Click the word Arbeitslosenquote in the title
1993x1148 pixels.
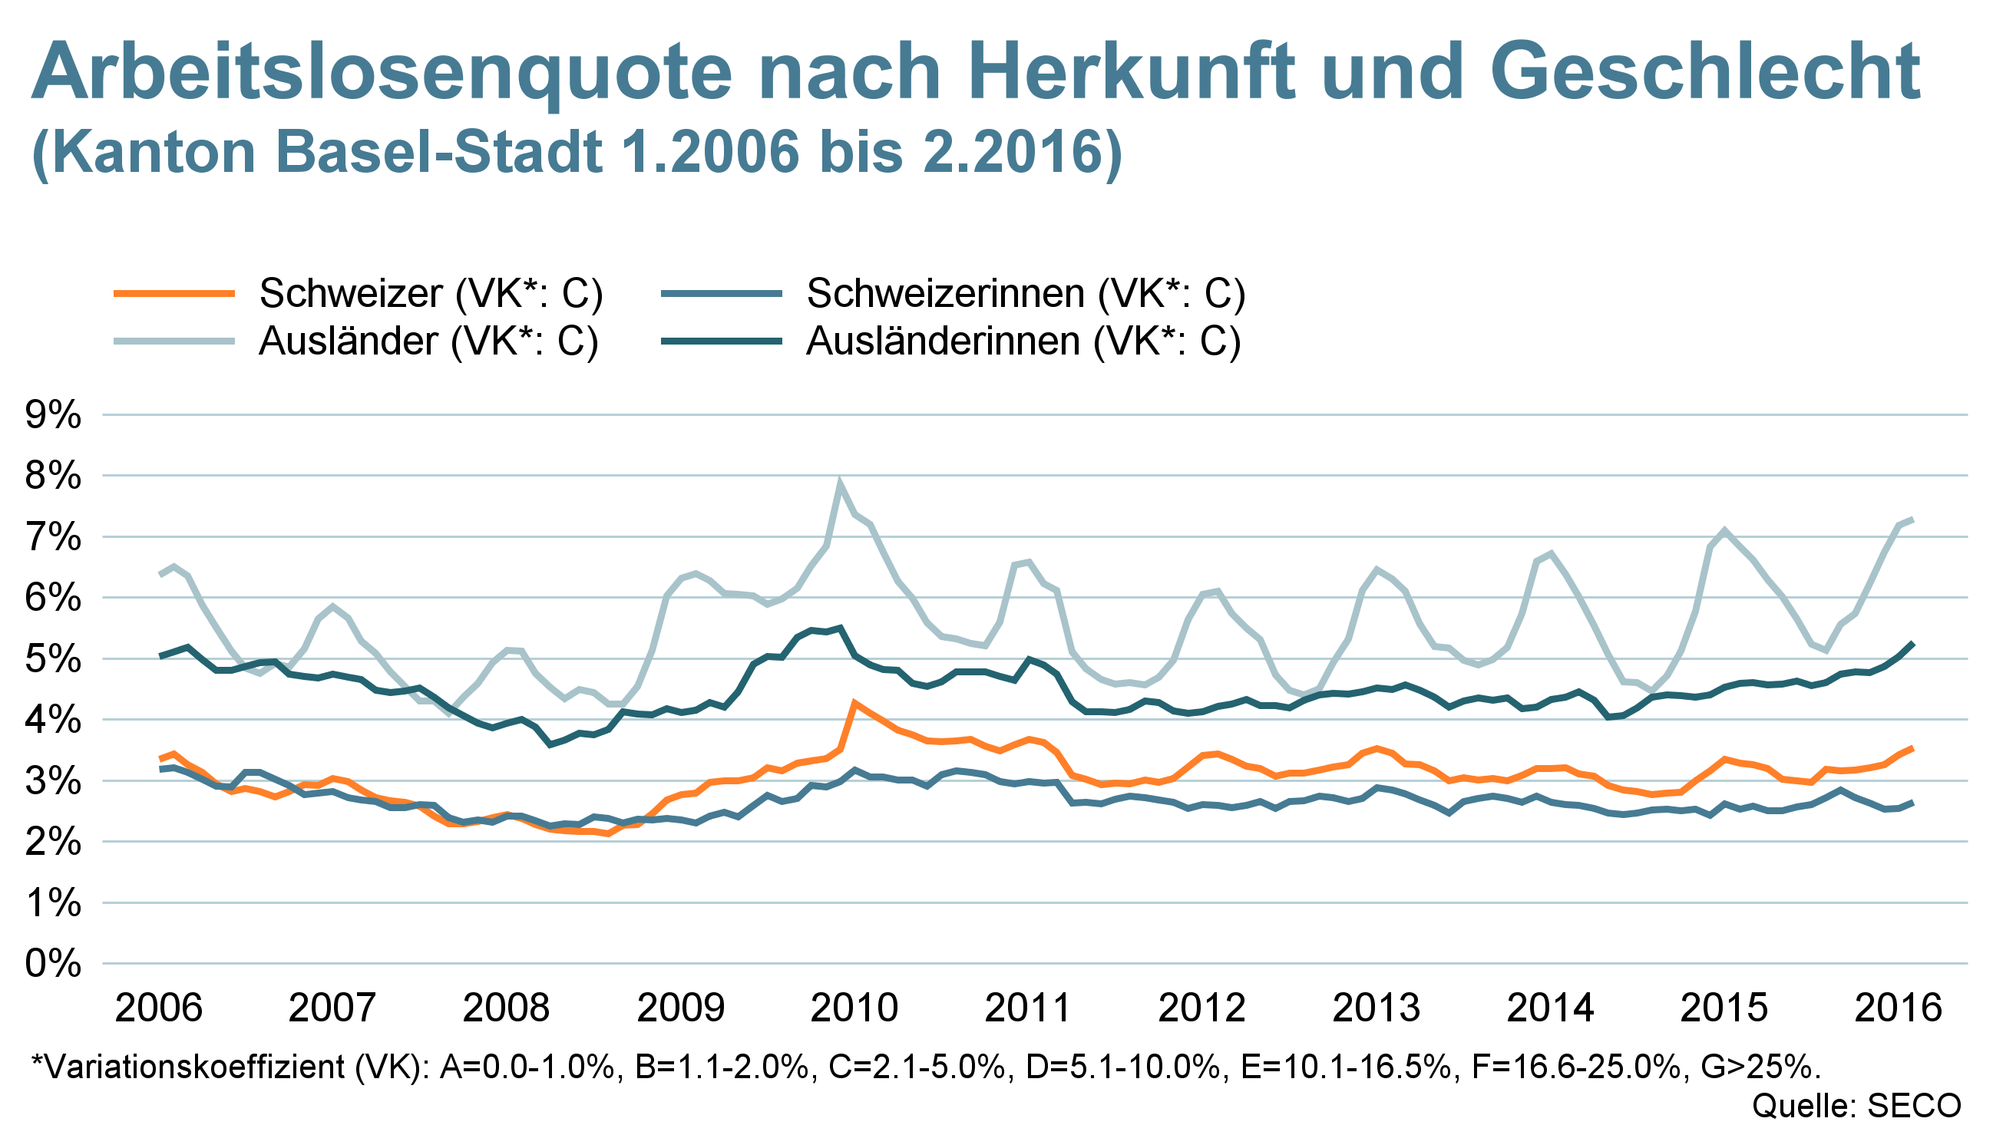(x=382, y=73)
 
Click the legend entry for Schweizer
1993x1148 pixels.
(x=431, y=293)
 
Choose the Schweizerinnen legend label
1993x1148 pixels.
(x=1025, y=293)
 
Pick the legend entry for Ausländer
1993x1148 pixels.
(x=428, y=341)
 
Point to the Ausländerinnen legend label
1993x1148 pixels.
(x=1023, y=341)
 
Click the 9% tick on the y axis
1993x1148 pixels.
(x=54, y=415)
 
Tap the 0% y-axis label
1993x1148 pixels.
(x=54, y=964)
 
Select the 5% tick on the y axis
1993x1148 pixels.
(x=54, y=659)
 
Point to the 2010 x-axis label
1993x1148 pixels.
(x=855, y=1008)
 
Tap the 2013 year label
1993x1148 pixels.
(x=1377, y=1008)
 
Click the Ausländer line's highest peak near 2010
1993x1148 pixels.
(x=841, y=483)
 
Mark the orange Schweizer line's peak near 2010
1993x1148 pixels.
(x=854, y=701)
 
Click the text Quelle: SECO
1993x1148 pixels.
(x=1856, y=1107)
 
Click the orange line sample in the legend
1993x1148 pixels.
(x=174, y=293)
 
